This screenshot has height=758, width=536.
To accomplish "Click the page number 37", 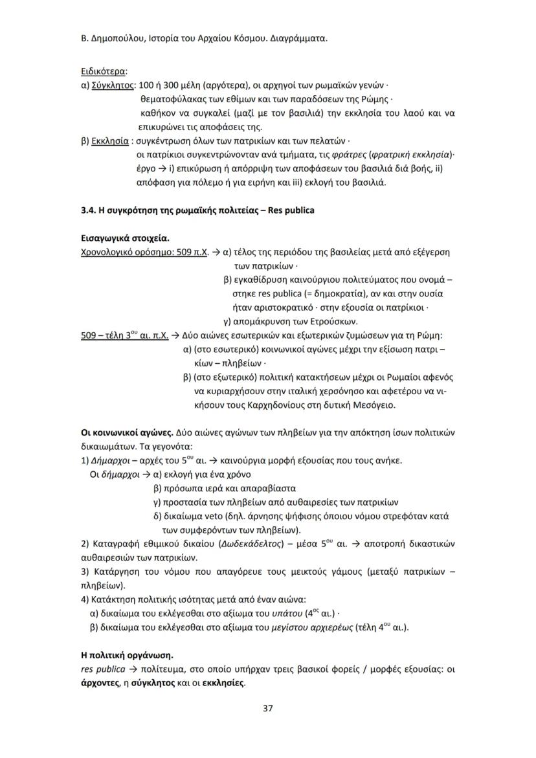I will (267, 708).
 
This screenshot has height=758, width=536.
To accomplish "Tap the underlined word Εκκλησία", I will (110, 140).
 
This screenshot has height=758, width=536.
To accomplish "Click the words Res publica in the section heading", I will (291, 211).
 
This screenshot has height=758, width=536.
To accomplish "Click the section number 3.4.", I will (88, 211).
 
